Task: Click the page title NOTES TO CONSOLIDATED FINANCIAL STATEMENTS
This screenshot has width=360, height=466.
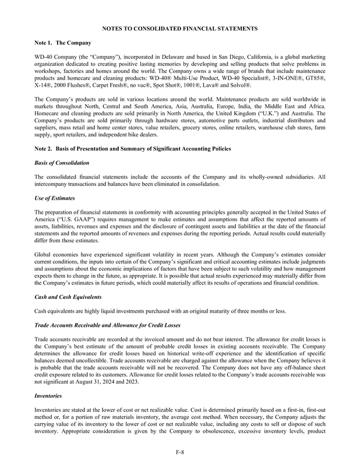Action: coord(180,27)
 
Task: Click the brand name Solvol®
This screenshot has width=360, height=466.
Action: coord(239,86)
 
